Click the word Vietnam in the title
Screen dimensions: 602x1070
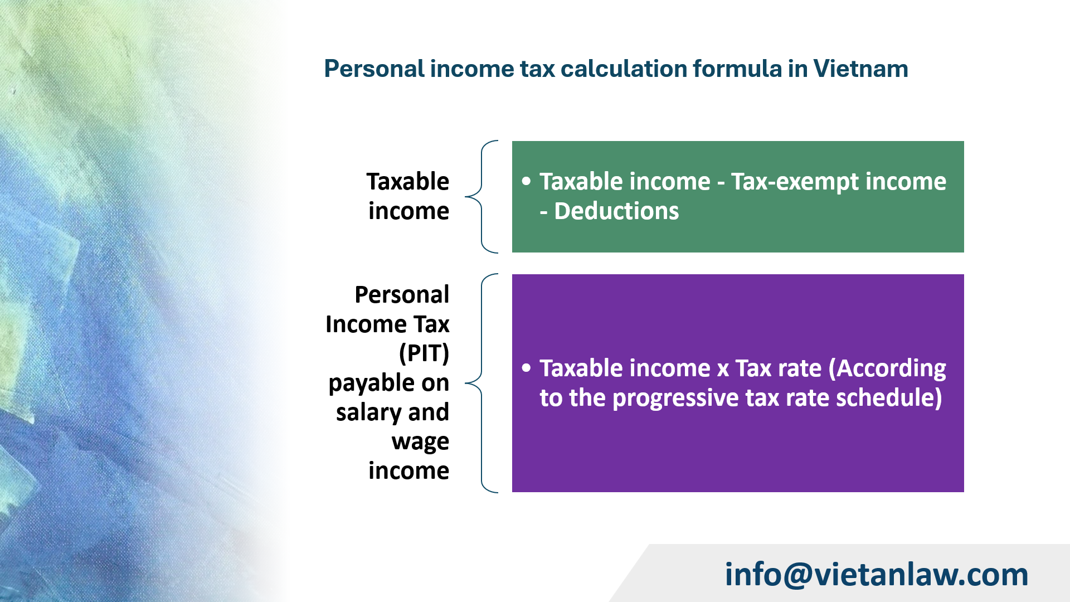[860, 69]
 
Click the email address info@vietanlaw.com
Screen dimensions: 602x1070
[876, 574]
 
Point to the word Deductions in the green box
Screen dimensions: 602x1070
[616, 211]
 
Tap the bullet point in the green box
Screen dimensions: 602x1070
[526, 181]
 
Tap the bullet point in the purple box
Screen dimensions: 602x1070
[526, 368]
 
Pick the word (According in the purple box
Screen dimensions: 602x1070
[887, 368]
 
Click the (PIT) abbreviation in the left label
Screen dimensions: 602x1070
[424, 353]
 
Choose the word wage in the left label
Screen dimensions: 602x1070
[420, 442]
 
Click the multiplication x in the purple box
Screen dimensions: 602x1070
[723, 369]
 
